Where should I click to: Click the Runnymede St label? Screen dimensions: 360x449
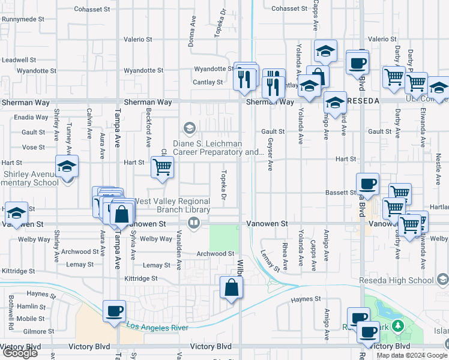(x=23, y=19)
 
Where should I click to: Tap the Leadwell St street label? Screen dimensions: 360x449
(x=19, y=60)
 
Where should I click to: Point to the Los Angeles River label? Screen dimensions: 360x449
(x=158, y=327)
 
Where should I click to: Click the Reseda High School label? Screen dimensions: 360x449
(x=396, y=280)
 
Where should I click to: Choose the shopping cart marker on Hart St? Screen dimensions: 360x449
(x=162, y=167)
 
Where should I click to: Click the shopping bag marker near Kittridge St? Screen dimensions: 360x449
(x=232, y=288)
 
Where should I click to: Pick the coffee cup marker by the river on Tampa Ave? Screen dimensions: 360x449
(x=114, y=311)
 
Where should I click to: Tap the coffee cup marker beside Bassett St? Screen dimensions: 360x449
(x=367, y=184)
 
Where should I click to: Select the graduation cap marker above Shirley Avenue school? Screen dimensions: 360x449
(x=67, y=166)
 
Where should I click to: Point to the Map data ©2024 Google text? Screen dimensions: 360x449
(x=412, y=355)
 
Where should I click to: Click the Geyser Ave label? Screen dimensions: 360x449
(x=270, y=154)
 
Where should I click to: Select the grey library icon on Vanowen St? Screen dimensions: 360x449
(x=193, y=224)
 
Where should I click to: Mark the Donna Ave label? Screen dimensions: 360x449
(x=193, y=35)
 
